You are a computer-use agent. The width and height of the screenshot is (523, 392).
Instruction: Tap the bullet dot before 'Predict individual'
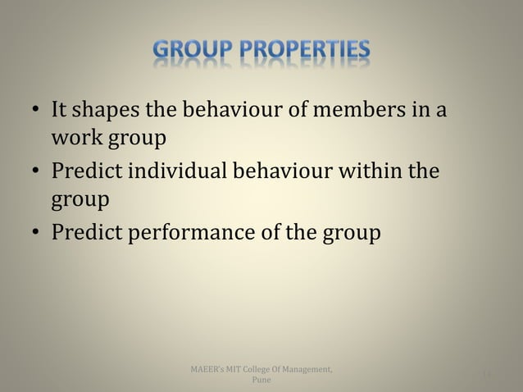tap(35, 174)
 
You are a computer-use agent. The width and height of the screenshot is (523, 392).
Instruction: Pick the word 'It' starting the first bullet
tap(59, 109)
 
